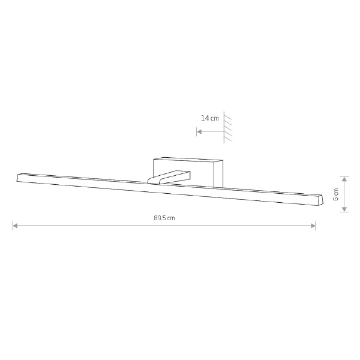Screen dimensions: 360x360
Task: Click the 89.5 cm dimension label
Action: [x=164, y=218]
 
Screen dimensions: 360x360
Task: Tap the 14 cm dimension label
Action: [x=210, y=118]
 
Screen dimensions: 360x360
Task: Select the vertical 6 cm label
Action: [x=335, y=194]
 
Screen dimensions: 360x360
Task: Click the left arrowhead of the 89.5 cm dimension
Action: [x=15, y=226]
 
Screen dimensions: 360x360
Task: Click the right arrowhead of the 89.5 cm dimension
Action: [x=313, y=226]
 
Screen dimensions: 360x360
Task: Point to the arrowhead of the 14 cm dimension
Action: [x=199, y=132]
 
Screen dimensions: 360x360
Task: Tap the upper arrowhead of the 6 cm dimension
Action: [x=344, y=179]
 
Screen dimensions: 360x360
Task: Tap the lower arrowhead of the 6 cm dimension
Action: [x=344, y=209]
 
